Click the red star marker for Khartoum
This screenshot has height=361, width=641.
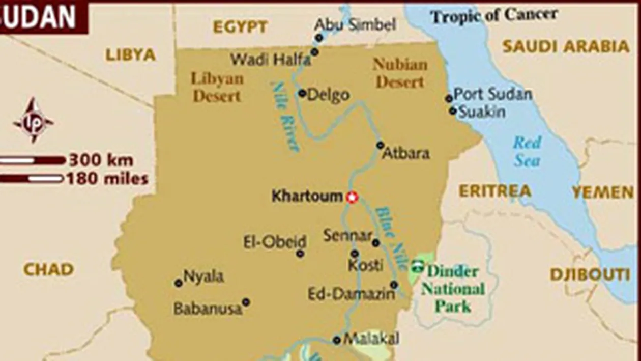coord(351,197)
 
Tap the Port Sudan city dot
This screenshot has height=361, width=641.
coord(449,98)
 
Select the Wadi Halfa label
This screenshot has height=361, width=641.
coord(270,60)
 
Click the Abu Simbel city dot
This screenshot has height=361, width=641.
coord(319,38)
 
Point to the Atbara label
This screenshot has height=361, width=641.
coord(405,153)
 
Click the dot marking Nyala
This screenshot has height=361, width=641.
coord(178,283)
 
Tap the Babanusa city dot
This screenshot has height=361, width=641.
coord(246,302)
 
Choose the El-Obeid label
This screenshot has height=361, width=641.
coord(275,242)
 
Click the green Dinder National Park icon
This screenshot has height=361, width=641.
coord(418,265)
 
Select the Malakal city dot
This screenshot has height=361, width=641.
coord(336,340)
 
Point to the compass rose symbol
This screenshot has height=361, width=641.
coord(34,121)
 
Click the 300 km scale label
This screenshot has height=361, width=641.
coord(101,160)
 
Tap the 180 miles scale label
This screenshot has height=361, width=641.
coord(107,179)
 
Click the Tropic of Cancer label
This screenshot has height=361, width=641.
coord(494,16)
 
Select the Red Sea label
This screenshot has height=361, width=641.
coord(526,151)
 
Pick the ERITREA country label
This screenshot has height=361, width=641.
coord(495,191)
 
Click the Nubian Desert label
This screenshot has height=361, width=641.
coord(400,73)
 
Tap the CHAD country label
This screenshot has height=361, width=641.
coord(48,269)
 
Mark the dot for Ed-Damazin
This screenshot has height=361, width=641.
coord(394,285)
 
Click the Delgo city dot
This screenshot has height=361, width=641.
coord(302,93)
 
